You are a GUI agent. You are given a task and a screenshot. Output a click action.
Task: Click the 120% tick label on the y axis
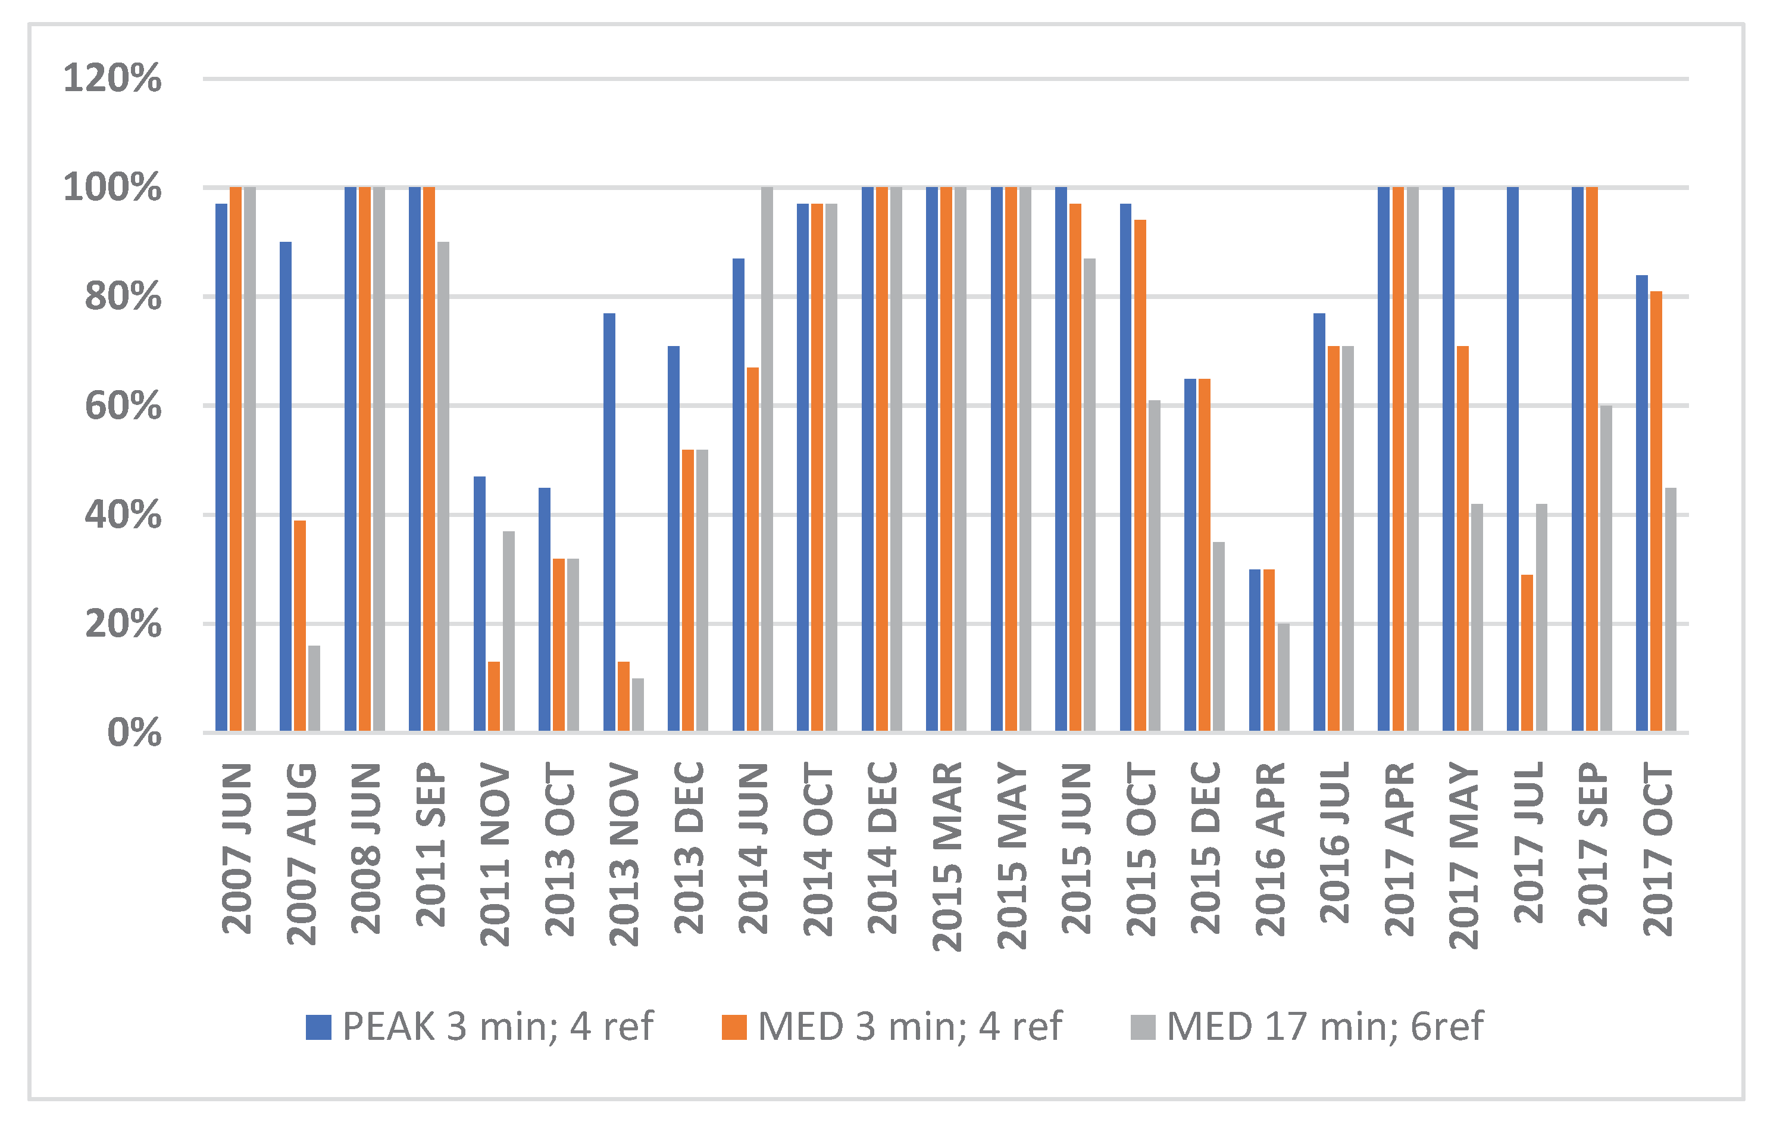coord(112,79)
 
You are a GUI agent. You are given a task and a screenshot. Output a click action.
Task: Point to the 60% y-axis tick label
coord(123,407)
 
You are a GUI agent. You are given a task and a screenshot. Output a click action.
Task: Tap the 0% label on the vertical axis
coord(135,734)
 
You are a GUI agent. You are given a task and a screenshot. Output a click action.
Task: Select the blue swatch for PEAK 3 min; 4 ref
coord(318,1027)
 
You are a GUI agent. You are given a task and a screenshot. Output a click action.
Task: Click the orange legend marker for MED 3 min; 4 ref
coord(734,1027)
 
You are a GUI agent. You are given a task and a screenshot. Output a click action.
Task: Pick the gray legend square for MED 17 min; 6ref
coord(1143,1027)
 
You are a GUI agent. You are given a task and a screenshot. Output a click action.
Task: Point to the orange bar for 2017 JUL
coord(1527,653)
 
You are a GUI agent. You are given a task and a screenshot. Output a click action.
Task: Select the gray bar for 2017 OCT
coord(1671,609)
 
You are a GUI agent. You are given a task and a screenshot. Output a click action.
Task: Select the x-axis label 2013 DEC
coord(689,848)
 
